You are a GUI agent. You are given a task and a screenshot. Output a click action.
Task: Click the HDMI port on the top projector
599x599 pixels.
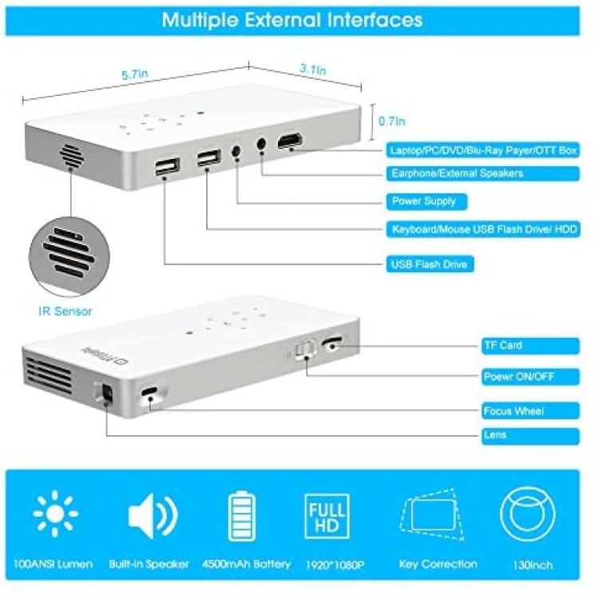(x=290, y=141)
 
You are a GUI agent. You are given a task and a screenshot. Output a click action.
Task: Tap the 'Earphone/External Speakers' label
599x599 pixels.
(x=483, y=173)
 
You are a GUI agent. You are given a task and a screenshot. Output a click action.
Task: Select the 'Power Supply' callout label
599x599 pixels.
(x=426, y=201)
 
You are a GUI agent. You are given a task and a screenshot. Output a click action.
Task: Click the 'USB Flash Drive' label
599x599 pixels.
(x=430, y=264)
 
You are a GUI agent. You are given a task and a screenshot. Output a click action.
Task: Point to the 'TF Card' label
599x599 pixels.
(x=530, y=346)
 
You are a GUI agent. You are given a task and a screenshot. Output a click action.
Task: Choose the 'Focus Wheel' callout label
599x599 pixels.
(x=530, y=411)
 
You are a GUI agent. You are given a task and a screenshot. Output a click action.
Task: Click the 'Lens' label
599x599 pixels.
(x=530, y=435)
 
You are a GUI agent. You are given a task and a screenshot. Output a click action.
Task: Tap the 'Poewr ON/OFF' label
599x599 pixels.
(x=530, y=377)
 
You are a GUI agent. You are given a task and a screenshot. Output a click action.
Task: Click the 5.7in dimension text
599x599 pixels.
(x=134, y=73)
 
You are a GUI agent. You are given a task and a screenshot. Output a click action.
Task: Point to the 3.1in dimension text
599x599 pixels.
(x=313, y=69)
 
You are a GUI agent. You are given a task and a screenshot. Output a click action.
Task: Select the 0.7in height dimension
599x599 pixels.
(x=391, y=121)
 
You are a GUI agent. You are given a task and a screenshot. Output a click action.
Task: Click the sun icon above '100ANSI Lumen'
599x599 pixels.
(x=56, y=514)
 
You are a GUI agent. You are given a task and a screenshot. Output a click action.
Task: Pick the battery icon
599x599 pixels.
(x=242, y=516)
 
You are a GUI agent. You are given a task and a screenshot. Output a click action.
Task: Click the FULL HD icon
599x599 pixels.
(x=327, y=516)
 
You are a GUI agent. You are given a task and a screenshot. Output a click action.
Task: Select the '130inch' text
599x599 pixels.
(x=533, y=565)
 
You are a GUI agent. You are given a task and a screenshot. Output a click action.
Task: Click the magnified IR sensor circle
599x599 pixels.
(x=69, y=256)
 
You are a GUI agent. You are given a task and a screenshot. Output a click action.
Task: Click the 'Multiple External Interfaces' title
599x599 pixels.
(x=292, y=20)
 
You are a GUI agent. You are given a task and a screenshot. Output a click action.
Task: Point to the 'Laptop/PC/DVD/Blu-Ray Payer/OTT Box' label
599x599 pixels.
(x=483, y=150)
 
